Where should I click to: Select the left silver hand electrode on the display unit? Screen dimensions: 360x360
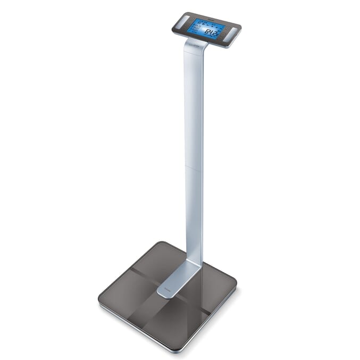(182, 22)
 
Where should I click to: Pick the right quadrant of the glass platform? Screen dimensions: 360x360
(213, 282)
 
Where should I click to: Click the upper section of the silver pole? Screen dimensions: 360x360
(192, 106)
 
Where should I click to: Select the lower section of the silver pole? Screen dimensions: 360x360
(193, 213)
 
